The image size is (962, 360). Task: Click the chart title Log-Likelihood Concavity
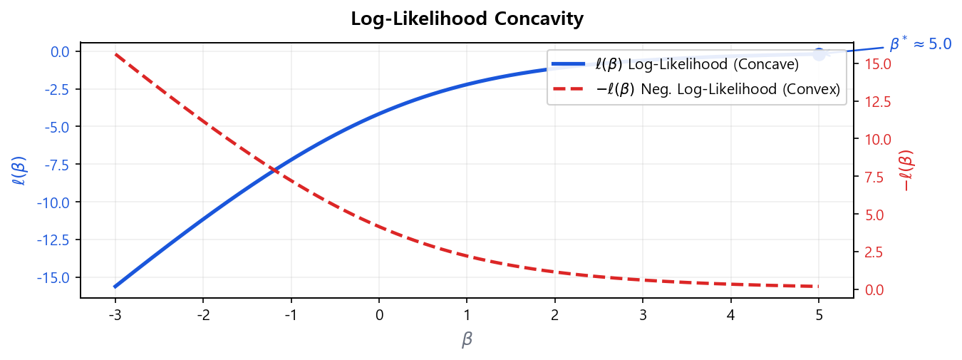[467, 19]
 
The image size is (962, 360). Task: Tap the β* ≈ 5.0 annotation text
[920, 44]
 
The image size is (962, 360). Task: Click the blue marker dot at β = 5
[819, 54]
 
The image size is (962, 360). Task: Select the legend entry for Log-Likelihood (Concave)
[697, 64]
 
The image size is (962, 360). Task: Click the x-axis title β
[467, 340]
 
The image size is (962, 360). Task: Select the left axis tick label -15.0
[56, 277]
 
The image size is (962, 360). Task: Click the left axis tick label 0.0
[60, 52]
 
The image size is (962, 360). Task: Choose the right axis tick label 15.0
[876, 64]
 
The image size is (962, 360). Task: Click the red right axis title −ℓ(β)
[908, 170]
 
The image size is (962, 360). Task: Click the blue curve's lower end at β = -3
[115, 287]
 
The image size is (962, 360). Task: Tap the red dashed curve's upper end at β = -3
[115, 54]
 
